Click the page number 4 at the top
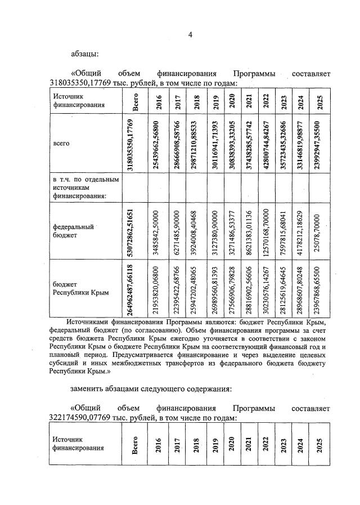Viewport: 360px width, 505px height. click(x=190, y=35)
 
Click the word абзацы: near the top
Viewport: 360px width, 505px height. click(x=84, y=54)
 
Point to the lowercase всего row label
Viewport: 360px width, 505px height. click(x=61, y=144)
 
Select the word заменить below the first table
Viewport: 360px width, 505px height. click(x=88, y=388)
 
